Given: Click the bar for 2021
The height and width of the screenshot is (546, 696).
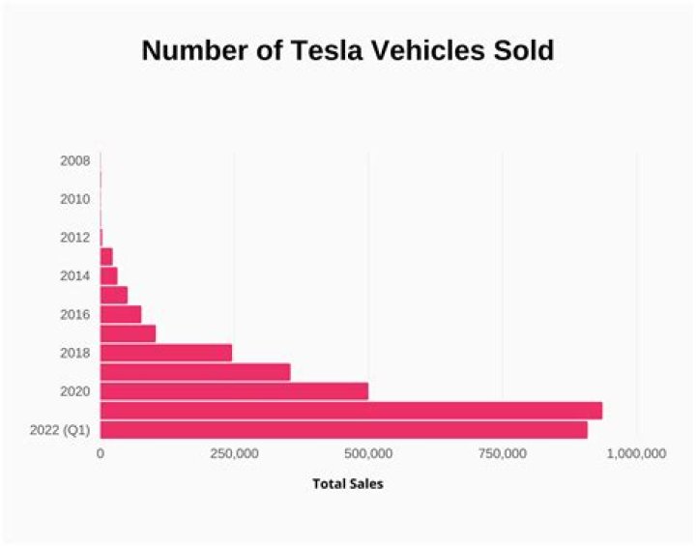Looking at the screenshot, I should (x=351, y=411).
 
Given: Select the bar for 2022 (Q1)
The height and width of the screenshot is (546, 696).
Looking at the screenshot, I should (x=343, y=430).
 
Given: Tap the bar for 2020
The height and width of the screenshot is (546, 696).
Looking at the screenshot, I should (x=234, y=391).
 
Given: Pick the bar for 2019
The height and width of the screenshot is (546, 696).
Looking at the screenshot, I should (x=195, y=372).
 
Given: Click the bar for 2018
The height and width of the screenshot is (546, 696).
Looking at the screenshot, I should (x=166, y=353).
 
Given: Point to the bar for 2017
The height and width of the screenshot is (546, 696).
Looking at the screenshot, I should (x=128, y=333).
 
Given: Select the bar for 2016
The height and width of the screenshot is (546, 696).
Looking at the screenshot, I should (x=121, y=314).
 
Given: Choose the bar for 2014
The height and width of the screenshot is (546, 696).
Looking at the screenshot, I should (x=108, y=275).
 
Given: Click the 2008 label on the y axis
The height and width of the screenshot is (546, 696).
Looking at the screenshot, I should (x=74, y=160).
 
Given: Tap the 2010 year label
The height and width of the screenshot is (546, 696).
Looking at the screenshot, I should (x=74, y=199).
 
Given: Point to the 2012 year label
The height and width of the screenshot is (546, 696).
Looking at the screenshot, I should (x=74, y=238).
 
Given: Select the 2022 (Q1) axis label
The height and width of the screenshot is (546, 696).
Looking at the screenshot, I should (x=61, y=430).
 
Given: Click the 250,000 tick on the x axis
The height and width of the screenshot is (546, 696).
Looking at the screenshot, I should (x=234, y=453).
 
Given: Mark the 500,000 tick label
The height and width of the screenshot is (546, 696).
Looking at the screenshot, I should (x=367, y=453).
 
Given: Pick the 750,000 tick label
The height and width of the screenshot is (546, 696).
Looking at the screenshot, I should (x=502, y=453).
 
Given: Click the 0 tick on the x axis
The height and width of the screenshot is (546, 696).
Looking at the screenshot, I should (x=101, y=453).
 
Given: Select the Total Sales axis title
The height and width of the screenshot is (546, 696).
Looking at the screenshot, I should (x=347, y=483).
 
